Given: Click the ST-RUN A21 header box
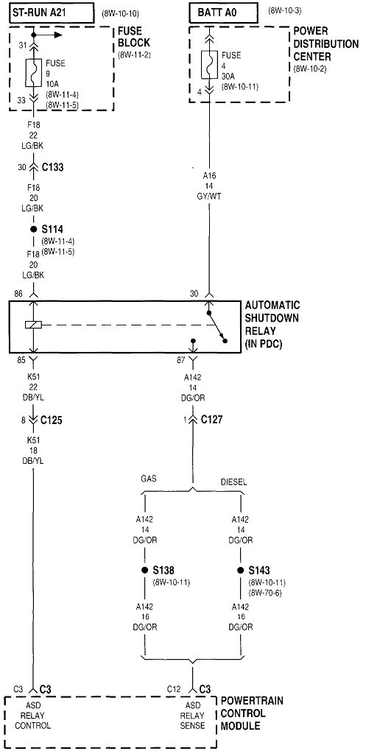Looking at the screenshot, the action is point(52,13).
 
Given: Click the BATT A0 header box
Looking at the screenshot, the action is point(225,13).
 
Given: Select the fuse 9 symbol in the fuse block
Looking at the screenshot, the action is point(33,73).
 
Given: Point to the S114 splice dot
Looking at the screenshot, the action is point(34,230).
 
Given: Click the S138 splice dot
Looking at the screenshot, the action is point(144,571).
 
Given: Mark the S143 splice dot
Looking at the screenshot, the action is point(241,571).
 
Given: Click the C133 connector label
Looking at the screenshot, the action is point(52,168).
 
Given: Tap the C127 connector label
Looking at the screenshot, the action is point(212,420).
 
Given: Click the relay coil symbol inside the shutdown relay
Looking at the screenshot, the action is point(34,325).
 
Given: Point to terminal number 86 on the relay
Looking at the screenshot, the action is point(18,293).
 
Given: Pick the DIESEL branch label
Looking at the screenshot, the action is point(233,482).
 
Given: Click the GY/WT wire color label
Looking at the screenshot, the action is point(209,197).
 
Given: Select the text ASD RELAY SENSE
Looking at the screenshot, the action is point(193,716).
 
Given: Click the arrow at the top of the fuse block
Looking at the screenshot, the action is point(48,35).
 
